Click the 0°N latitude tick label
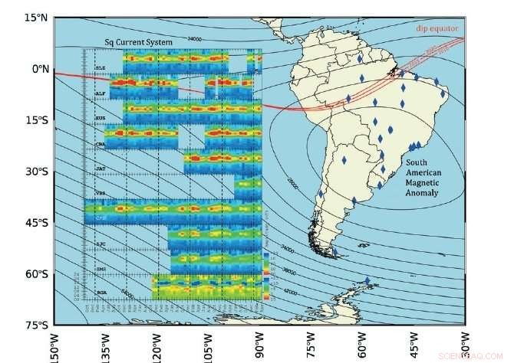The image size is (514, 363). [x=39, y=69]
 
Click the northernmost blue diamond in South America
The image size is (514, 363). [x=360, y=58]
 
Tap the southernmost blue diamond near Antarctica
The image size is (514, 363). [x=367, y=280]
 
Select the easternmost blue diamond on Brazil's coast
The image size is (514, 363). [x=443, y=94]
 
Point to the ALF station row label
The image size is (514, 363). [x=100, y=93]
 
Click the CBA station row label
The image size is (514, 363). [x=100, y=143]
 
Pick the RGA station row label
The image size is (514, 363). [x=100, y=292]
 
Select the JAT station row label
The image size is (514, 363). [x=100, y=168]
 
